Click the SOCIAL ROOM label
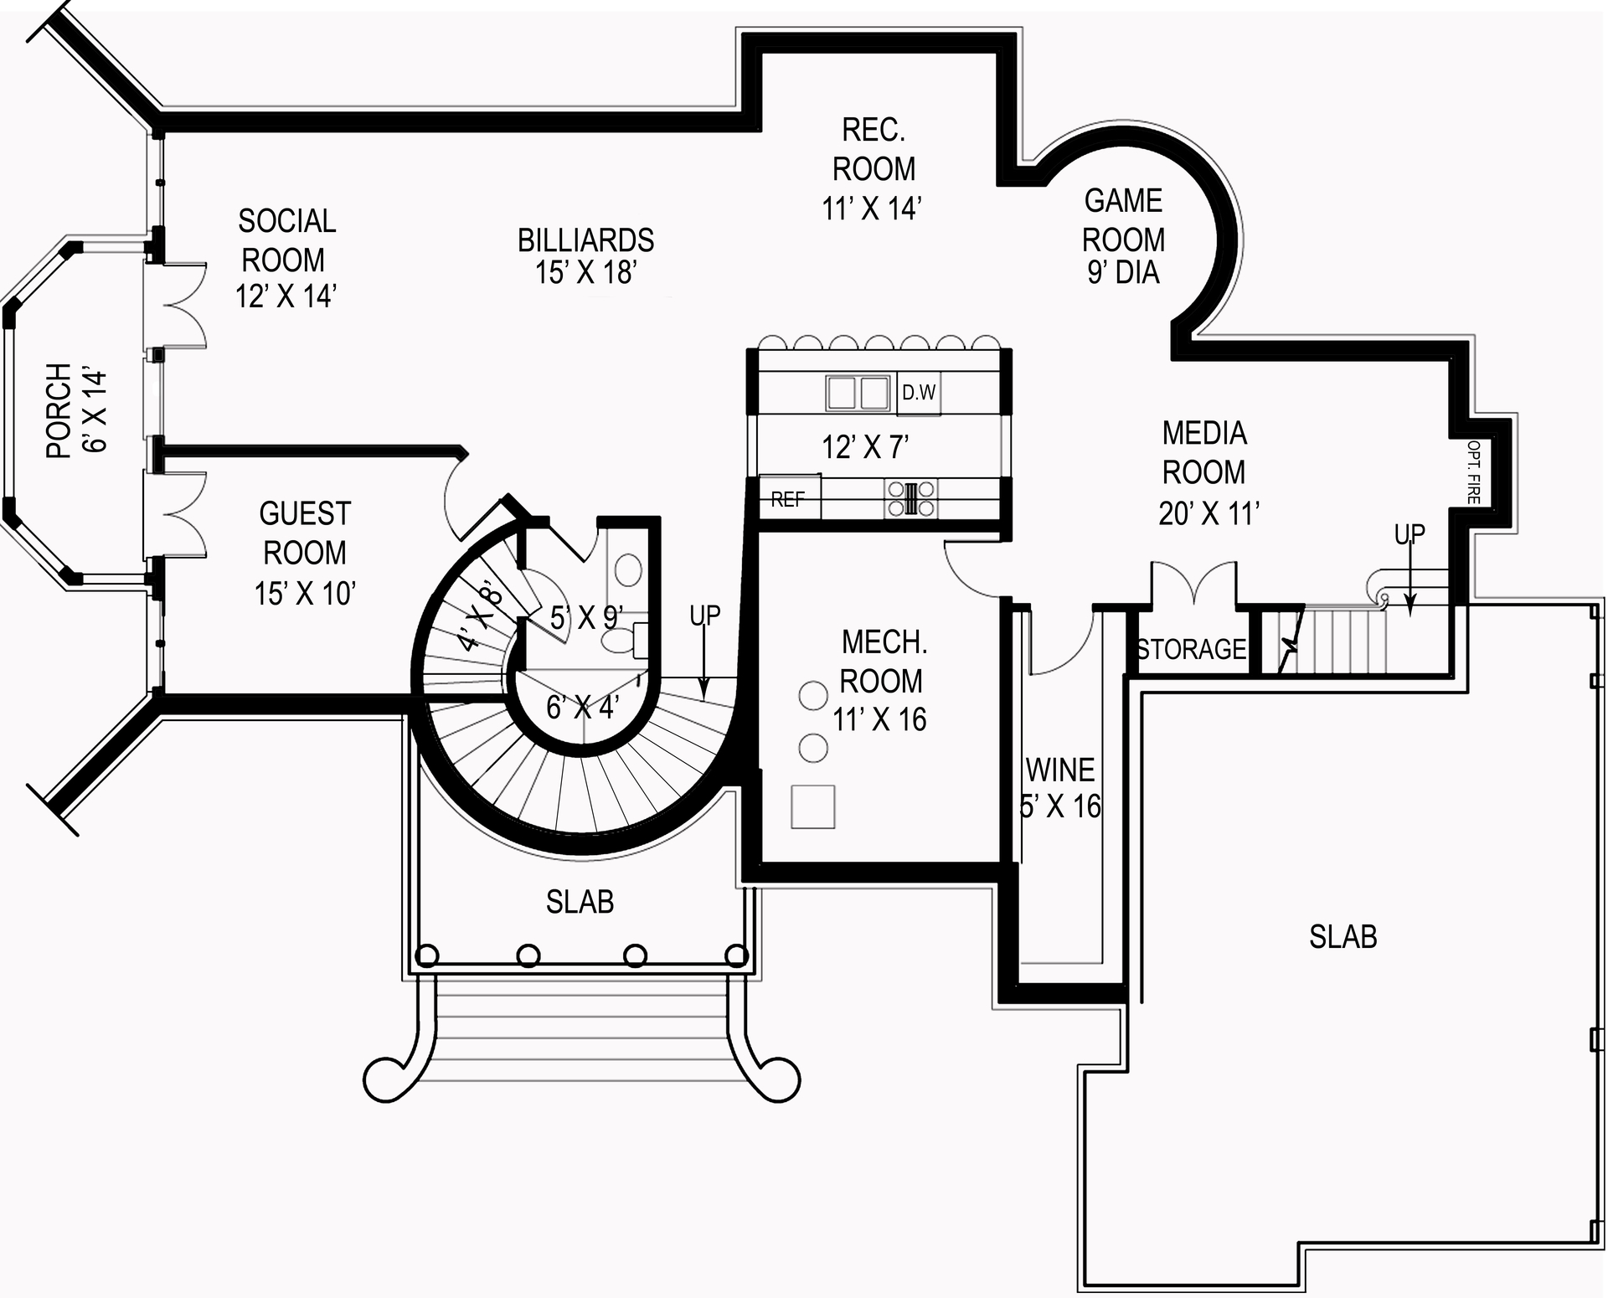286,259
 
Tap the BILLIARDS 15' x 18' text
585,256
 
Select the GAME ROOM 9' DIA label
1123,237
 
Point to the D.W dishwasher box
919,393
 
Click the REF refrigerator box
788,499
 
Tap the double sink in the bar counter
858,393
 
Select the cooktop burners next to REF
911,498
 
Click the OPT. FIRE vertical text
1473,472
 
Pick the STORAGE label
1191,649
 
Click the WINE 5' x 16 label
1060,788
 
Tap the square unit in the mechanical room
812,806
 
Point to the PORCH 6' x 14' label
76,411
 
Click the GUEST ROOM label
304,553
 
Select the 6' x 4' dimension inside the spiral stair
582,708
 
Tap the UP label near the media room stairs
1410,533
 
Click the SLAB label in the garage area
1343,936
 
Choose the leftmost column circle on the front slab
427,955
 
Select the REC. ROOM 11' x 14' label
873,169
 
